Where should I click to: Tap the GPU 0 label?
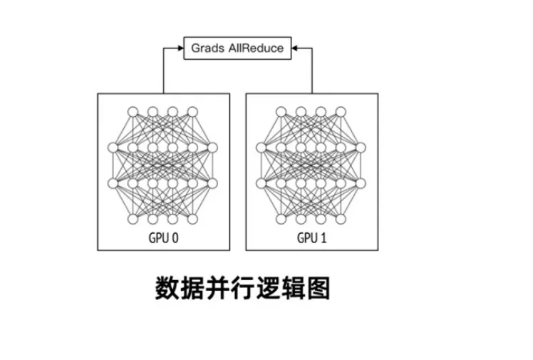tap(163, 237)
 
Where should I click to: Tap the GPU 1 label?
tap(312, 237)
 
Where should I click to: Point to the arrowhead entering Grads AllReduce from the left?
tap(180, 48)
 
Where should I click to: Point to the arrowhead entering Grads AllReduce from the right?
tap(295, 48)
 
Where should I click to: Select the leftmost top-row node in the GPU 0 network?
tap(133, 111)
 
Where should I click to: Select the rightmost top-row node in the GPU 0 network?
tap(192, 111)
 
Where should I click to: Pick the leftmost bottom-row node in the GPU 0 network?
tap(133, 219)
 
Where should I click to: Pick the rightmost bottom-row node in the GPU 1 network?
tap(341, 219)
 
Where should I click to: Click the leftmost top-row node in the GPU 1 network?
tap(281, 111)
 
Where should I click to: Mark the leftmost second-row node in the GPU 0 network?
tap(113, 148)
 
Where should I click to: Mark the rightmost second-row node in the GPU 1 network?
tap(361, 148)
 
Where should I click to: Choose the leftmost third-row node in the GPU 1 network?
tap(262, 183)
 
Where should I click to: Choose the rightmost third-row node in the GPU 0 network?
tap(212, 183)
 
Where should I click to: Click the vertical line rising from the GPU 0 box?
tap(163, 71)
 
